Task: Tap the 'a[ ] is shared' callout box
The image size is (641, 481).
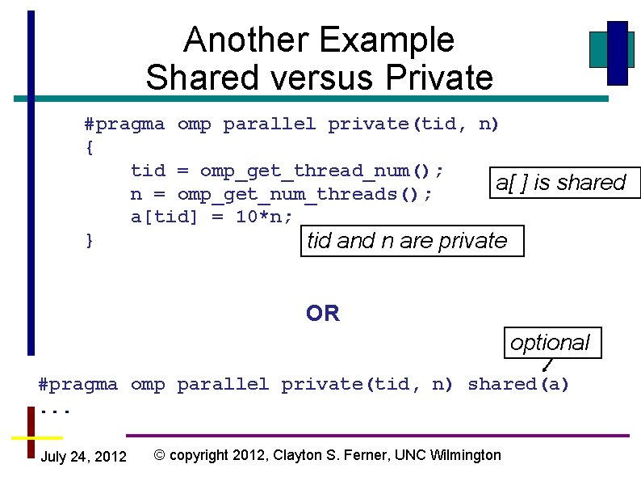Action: (560, 182)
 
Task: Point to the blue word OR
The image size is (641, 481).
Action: (323, 313)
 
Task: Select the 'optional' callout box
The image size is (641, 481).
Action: (550, 342)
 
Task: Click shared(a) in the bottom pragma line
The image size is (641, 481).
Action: (518, 384)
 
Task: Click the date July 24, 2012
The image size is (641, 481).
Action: (83, 457)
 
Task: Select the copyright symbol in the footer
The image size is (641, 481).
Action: (160, 455)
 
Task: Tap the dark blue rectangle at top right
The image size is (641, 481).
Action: (618, 53)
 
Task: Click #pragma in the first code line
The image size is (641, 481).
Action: (124, 124)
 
